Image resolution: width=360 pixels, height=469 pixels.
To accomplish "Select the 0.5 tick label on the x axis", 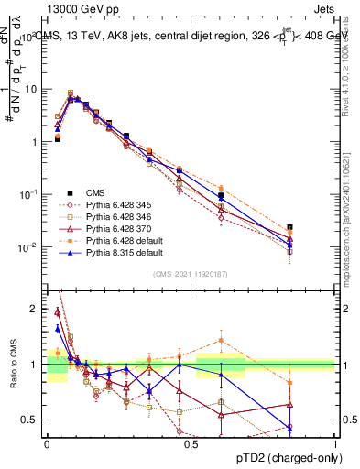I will (191, 443).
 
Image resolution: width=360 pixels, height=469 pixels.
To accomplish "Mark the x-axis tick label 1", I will (334, 443).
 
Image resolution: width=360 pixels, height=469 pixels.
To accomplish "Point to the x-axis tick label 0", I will (47, 443).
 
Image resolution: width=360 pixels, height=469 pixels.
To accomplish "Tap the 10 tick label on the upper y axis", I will (34, 90).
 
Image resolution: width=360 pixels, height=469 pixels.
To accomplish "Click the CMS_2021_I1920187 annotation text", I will (190, 274).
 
